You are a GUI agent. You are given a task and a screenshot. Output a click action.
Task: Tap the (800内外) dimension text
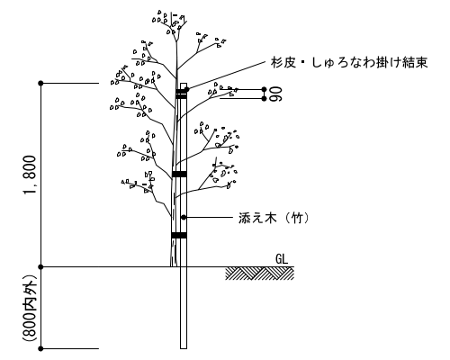click(30, 308)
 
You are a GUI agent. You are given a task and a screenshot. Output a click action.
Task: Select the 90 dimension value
click(275, 94)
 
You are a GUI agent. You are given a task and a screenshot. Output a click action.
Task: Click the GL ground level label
click(282, 259)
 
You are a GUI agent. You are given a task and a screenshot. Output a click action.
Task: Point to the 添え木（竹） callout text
click(274, 218)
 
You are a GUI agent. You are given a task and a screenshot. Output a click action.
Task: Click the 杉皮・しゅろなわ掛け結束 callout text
click(349, 63)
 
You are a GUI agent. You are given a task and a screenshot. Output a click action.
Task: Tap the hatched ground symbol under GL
click(260, 274)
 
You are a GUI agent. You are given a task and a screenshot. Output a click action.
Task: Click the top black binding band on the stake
click(181, 94)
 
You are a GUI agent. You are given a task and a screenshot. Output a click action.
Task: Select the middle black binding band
click(179, 174)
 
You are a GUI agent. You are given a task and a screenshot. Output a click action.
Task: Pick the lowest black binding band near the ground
click(179, 235)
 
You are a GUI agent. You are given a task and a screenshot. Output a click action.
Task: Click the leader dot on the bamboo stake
click(184, 217)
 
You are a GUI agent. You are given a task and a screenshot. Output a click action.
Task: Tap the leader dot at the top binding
click(187, 89)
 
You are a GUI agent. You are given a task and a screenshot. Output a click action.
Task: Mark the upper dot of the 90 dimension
click(264, 89)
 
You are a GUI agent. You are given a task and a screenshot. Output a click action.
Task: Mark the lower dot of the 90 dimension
click(264, 98)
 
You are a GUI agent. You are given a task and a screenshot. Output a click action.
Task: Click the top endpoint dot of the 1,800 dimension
click(41, 83)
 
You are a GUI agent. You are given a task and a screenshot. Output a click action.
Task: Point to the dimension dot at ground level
click(41, 266)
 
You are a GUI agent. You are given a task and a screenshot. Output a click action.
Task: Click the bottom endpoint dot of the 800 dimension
click(41, 348)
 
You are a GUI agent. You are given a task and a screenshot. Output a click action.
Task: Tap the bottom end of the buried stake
click(184, 348)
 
